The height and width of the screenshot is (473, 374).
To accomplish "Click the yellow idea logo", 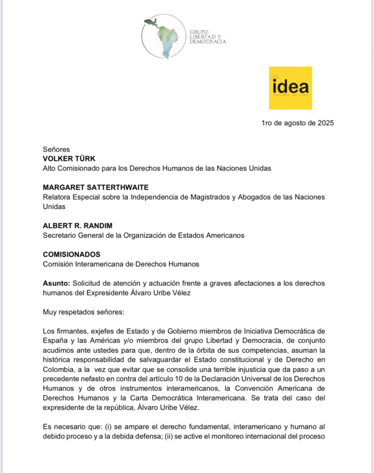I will [290, 88].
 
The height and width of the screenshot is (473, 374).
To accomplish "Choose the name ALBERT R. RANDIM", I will [78, 226].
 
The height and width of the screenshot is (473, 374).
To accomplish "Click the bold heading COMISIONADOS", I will [71, 255].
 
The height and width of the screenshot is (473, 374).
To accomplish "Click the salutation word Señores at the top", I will [56, 150].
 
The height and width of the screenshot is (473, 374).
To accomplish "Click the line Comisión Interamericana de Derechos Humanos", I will [121, 264].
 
